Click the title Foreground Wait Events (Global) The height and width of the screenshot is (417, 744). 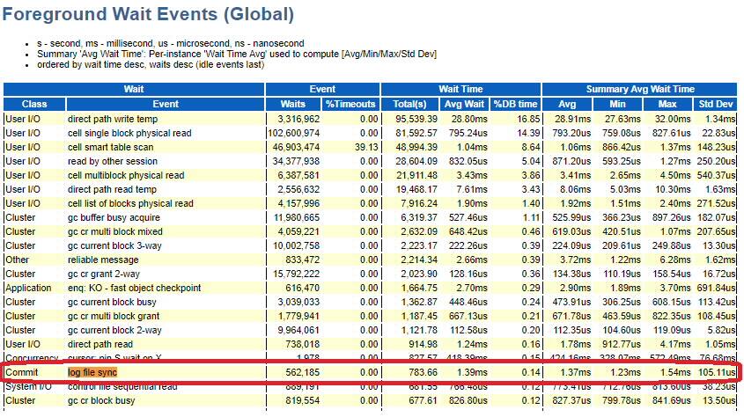coord(149,15)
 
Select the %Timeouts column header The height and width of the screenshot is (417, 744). coord(351,104)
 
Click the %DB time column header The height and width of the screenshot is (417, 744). coord(515,104)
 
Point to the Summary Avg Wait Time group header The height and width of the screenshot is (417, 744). coord(639,90)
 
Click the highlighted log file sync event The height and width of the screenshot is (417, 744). coord(92,372)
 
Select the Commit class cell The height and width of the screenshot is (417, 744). coord(23,372)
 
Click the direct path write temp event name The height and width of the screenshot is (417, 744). coord(115,119)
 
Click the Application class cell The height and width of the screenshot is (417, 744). coord(29,288)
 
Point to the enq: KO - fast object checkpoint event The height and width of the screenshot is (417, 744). coord(134,288)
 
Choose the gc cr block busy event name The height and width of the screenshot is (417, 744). coord(102,400)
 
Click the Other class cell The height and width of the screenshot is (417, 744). coord(18,260)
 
